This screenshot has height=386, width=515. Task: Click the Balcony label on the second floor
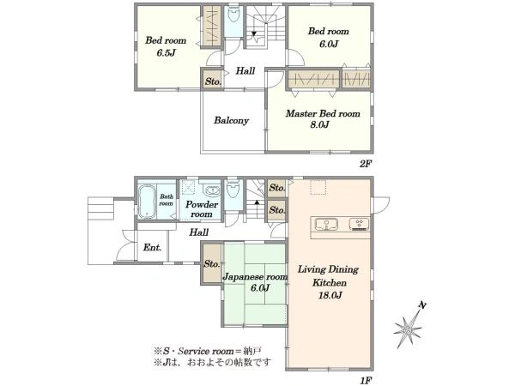(231, 120)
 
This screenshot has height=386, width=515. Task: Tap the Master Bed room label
(323, 113)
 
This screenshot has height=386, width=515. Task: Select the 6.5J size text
(166, 52)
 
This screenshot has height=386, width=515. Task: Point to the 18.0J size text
(330, 295)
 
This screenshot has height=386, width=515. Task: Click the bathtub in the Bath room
(147, 202)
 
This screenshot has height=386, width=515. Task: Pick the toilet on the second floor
(233, 14)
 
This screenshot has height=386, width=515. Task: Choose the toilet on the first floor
(233, 190)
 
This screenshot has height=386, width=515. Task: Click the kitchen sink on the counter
(326, 225)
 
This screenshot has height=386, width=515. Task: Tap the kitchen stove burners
(359, 224)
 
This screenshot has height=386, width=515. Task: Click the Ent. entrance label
(153, 247)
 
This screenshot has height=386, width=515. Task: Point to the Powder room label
(202, 209)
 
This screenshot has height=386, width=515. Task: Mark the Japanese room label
(255, 277)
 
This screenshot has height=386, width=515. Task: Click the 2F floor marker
(366, 164)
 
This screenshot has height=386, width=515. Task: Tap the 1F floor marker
(366, 380)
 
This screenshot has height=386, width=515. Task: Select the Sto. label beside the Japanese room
(212, 263)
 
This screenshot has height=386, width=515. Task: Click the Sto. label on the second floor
(213, 81)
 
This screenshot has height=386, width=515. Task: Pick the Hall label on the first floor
(199, 232)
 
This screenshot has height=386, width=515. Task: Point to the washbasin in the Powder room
(212, 190)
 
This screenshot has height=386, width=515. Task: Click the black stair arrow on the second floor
(254, 33)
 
